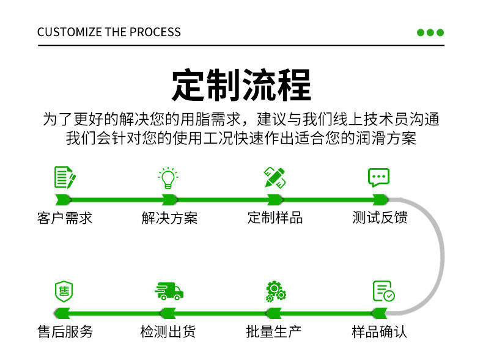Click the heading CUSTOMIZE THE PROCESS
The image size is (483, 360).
click(x=109, y=32)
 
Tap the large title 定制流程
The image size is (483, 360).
click(x=241, y=85)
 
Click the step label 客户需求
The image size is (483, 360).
click(x=65, y=218)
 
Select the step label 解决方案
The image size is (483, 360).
click(x=169, y=218)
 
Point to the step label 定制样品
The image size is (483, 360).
click(x=275, y=218)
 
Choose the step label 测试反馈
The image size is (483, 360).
click(x=380, y=218)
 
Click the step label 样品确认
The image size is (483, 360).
click(x=380, y=332)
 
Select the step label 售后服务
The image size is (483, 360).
click(x=65, y=332)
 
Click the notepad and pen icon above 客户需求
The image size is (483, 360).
click(x=65, y=177)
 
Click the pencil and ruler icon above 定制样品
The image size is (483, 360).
click(x=275, y=177)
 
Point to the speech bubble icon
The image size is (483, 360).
click(x=378, y=177)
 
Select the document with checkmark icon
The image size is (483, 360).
click(x=383, y=291)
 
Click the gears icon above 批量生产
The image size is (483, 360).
click(x=276, y=291)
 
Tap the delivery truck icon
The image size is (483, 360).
click(x=169, y=291)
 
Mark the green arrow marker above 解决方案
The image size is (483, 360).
click(x=169, y=199)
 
